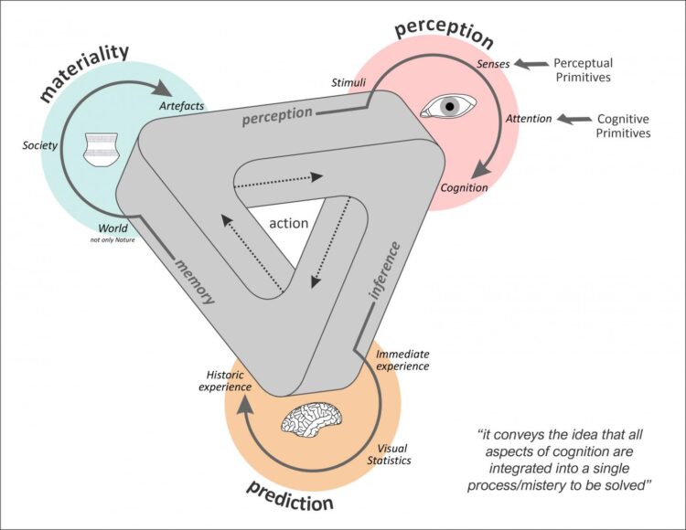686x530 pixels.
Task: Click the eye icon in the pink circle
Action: [447, 107]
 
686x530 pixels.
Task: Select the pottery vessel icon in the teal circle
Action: [103, 150]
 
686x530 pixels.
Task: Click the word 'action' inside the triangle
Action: [289, 223]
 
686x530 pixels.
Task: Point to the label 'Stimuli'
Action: [348, 83]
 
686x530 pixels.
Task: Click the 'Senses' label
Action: [494, 64]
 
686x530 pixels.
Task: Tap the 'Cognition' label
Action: [465, 187]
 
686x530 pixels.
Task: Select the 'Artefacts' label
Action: [181, 107]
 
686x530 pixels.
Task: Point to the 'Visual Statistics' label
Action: [394, 453]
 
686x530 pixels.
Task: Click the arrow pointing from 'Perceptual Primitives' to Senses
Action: [529, 64]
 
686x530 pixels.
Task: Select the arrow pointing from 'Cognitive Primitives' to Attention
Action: [573, 119]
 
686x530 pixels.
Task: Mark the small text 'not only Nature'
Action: [113, 240]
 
